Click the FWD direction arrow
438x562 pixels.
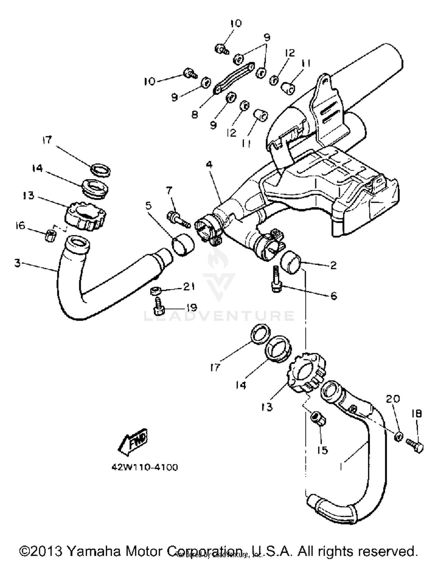133,442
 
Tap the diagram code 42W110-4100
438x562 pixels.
145,467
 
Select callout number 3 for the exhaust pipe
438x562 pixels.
18,263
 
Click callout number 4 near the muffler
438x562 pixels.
209,165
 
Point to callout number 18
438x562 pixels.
417,413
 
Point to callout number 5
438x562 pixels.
149,206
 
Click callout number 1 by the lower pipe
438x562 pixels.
341,467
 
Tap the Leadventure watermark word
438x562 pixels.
219,316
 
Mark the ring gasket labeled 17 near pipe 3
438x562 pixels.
101,170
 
